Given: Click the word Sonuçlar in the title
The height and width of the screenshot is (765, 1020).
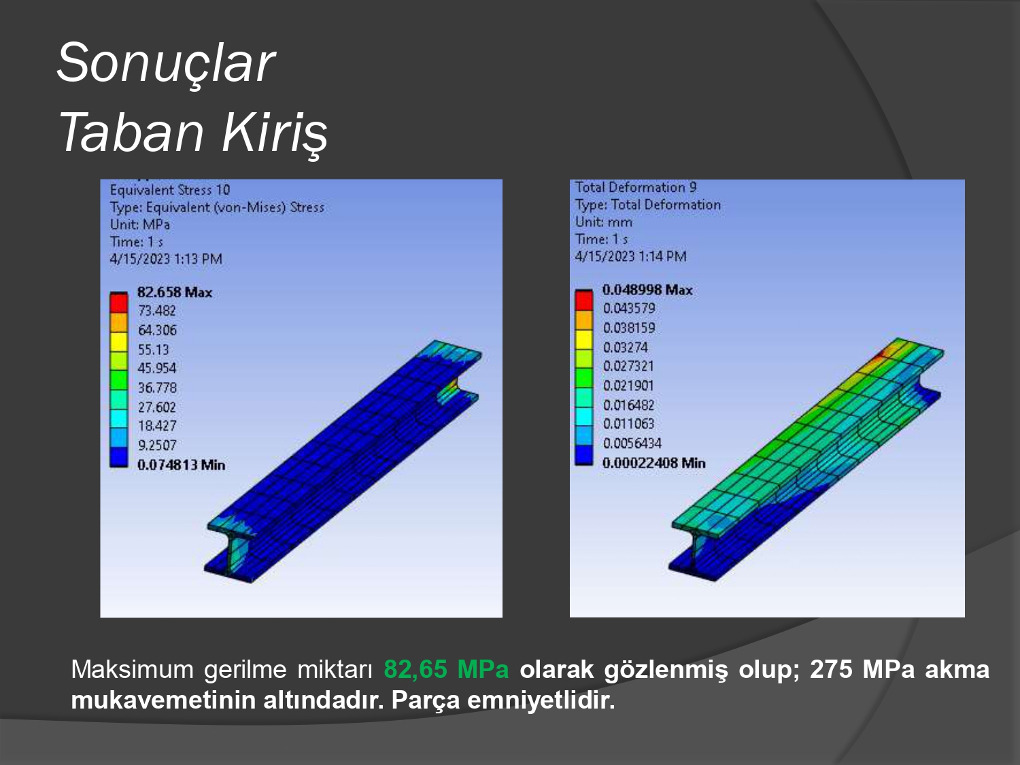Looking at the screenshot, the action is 166,63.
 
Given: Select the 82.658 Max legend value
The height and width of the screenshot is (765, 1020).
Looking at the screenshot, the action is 175,292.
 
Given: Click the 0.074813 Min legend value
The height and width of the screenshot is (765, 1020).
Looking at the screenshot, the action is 182,465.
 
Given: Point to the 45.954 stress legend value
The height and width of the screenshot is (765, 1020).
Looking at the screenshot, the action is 157,369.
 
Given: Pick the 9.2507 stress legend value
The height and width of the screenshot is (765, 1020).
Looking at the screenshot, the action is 157,445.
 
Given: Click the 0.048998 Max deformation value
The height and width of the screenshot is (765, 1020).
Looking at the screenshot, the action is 647,290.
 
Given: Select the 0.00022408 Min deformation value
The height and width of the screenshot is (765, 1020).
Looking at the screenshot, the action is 654,463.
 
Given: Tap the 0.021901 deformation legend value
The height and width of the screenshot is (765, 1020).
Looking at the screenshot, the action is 628,386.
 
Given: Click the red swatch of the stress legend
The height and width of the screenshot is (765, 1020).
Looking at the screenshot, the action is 118,303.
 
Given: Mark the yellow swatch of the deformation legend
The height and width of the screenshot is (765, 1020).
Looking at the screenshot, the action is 583,339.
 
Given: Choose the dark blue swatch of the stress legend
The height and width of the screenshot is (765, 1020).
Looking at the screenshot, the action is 118,457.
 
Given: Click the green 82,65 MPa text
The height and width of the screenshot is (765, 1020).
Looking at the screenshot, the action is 446,669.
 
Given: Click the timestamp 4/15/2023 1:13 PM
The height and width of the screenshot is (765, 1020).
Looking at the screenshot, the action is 166,258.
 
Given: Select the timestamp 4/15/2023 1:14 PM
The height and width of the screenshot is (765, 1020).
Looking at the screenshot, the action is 630,256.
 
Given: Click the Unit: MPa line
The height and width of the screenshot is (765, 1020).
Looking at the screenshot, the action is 140,224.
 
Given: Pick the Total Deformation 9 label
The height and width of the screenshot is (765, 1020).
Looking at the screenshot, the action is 636,187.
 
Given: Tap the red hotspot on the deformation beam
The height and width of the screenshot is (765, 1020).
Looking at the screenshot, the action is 880,356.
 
